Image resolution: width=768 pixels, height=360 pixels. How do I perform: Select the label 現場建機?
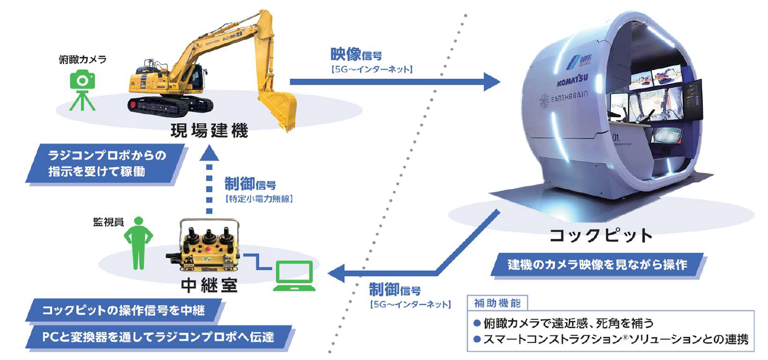209,131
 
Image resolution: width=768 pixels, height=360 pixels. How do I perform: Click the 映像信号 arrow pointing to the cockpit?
394,82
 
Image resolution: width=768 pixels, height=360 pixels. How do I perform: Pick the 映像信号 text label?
357,54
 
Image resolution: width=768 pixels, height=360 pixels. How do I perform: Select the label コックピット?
601,236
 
